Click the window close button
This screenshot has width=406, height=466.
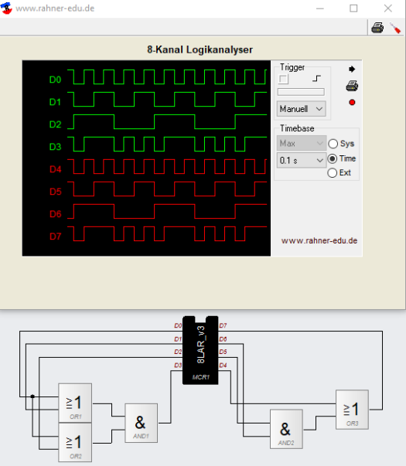coord(388,9)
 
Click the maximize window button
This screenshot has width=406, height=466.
coord(354,9)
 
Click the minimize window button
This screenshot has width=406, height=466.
coord(319,9)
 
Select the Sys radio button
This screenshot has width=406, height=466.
coord(334,144)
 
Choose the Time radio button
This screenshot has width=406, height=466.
coord(334,158)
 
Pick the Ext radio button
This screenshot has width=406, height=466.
coord(334,172)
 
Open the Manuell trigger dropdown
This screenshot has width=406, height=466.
coord(302,110)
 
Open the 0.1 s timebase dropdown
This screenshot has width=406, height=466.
coord(302,160)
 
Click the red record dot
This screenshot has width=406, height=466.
coord(353,102)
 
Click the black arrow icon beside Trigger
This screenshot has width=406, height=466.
coord(352,69)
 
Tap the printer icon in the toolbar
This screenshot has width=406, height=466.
coord(377,28)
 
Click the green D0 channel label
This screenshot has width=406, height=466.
coord(55,79)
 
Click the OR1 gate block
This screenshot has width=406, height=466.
coord(75,402)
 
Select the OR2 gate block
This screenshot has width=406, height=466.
coord(75,444)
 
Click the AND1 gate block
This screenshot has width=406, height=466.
coord(141,423)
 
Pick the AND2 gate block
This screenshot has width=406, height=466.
coord(285,429)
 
